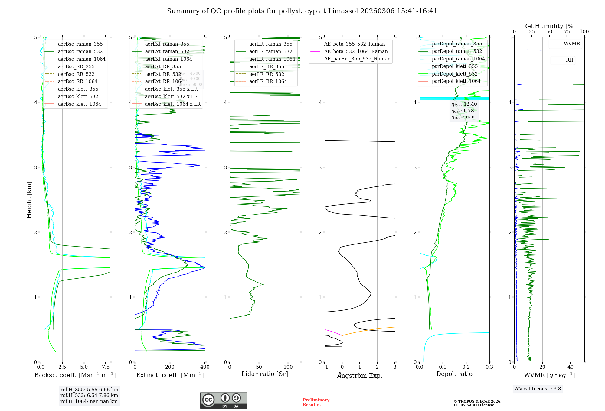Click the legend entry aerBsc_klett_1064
click(79, 104)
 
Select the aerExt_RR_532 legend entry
click(163, 74)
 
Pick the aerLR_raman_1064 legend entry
click(272, 59)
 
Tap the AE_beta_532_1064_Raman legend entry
click(356, 51)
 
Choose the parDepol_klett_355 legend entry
click(454, 66)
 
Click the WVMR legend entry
click(572, 44)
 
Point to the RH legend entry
click(569, 60)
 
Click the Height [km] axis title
click(29, 199)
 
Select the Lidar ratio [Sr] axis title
click(265, 374)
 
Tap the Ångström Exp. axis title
click(360, 375)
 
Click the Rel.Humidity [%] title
click(549, 26)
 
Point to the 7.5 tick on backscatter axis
click(106, 367)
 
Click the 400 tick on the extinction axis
click(205, 367)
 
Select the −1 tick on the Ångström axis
click(325, 367)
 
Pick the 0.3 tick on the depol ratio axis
click(489, 367)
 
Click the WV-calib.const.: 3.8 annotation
click(538, 389)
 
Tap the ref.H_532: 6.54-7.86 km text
click(89, 395)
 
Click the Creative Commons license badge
click(224, 400)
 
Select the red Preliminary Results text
click(316, 402)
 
